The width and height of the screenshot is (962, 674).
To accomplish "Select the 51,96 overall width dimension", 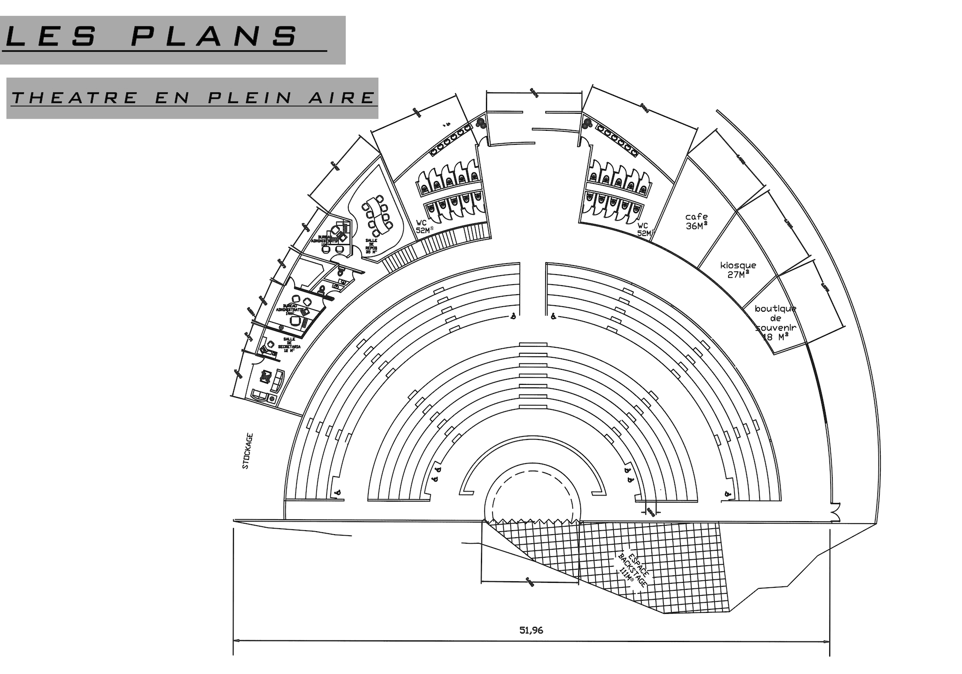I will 531,630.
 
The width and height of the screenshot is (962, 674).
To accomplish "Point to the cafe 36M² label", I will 696,221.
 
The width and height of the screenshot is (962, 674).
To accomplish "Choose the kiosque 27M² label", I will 738,270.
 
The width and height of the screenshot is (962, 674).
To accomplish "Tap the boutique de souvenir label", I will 776,323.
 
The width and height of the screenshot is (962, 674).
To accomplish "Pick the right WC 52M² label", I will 645,229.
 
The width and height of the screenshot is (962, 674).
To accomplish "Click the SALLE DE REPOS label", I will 371,246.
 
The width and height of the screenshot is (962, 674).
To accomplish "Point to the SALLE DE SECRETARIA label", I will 289,345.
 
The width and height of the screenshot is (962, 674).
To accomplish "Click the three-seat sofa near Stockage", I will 277,381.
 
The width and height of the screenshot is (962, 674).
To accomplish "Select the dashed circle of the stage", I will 531,494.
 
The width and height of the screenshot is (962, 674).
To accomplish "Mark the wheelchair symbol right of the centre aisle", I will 553,316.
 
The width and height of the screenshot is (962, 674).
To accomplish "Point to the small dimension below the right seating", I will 650,511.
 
